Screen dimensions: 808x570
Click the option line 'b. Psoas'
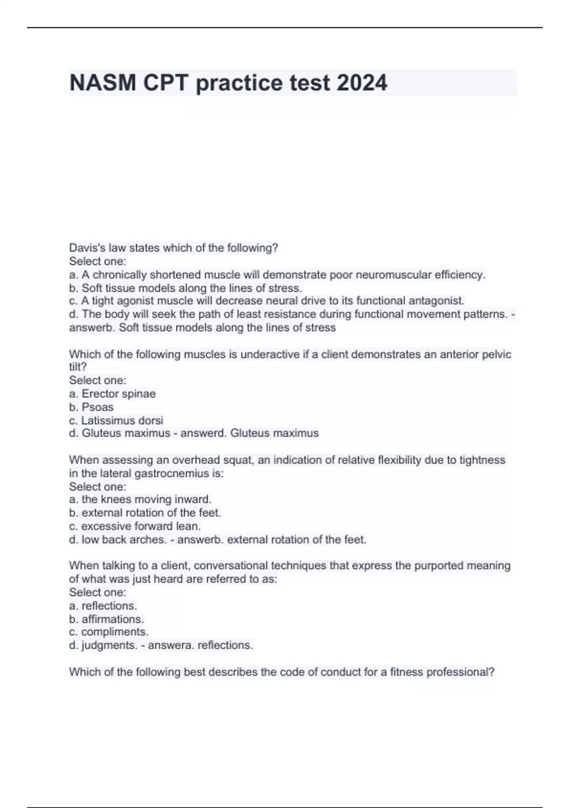(91, 407)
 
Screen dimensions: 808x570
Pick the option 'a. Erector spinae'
(112, 394)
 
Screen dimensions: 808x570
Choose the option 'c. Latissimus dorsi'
(116, 420)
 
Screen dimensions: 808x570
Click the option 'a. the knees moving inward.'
(140, 499)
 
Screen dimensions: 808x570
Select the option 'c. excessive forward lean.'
(135, 526)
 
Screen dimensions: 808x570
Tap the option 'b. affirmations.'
(106, 619)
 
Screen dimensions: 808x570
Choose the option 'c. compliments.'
(109, 632)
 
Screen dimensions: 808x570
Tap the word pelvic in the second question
(495, 354)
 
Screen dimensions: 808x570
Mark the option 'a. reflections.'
(103, 606)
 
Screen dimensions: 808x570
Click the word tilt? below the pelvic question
(78, 367)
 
